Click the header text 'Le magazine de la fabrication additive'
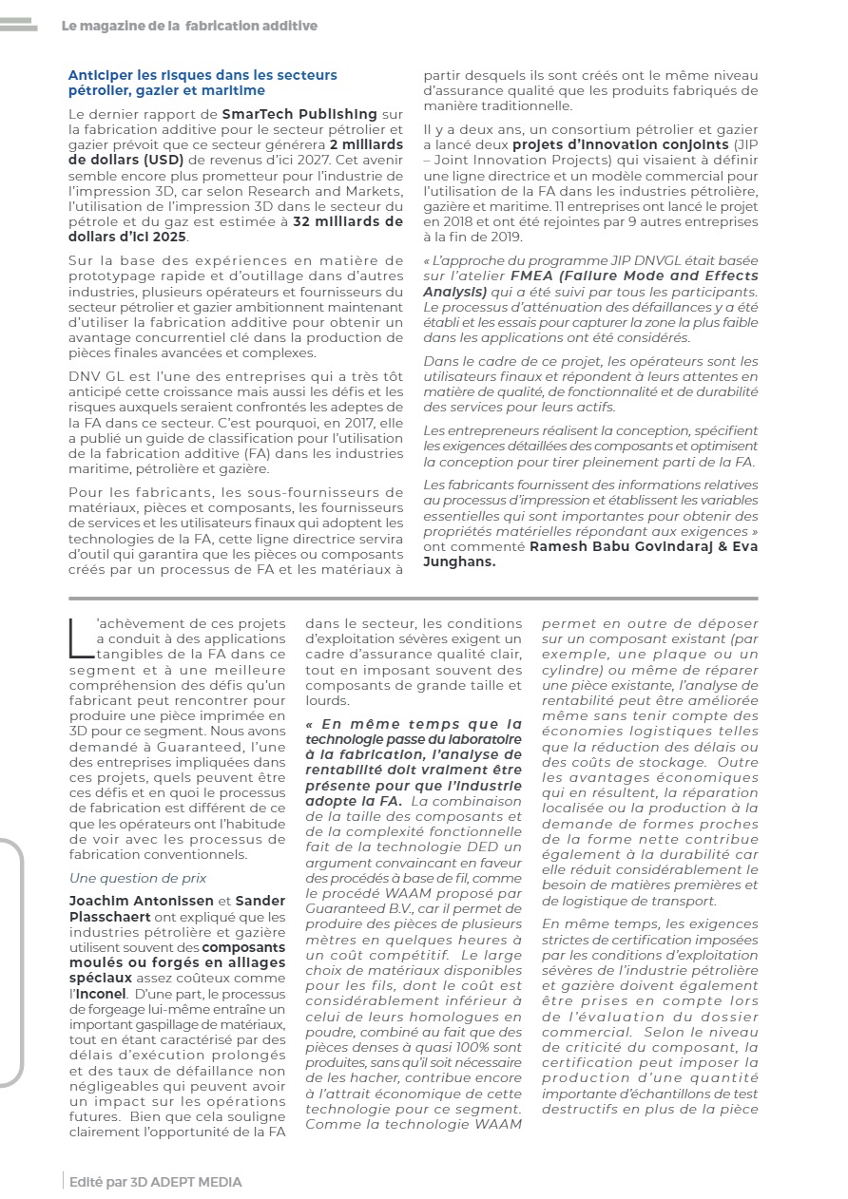pyautogui.click(x=189, y=26)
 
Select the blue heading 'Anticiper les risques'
pyautogui.click(x=202, y=82)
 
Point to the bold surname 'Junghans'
pyautogui.click(x=458, y=561)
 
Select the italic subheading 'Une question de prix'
pyautogui.click(x=138, y=878)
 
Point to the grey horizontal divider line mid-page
pyautogui.click(x=414, y=599)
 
